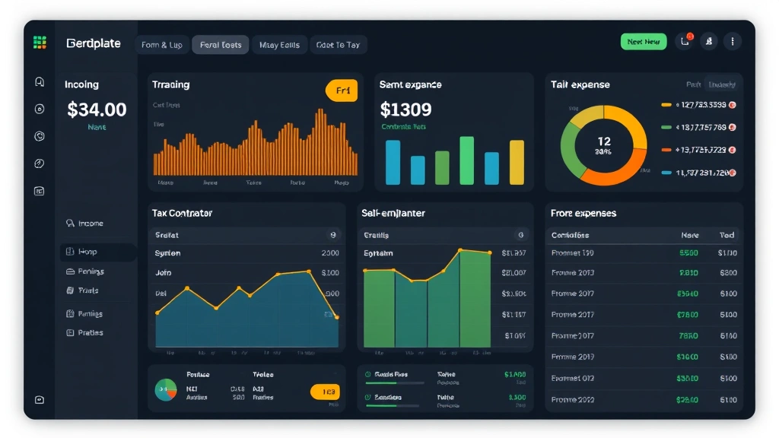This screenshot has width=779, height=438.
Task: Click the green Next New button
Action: (x=643, y=42)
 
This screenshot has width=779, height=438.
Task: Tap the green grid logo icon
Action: (x=40, y=43)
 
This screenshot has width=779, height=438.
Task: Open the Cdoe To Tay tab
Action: (x=338, y=45)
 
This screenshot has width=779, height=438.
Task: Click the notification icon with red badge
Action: (x=685, y=42)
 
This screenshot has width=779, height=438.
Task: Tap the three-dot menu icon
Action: (x=732, y=42)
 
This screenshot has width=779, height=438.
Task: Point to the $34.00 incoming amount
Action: (x=97, y=109)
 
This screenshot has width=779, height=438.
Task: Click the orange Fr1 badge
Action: (x=342, y=90)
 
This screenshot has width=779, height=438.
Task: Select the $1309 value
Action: (x=405, y=109)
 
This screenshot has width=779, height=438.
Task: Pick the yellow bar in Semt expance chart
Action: (x=517, y=162)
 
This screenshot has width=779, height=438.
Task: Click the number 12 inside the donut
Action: (x=604, y=141)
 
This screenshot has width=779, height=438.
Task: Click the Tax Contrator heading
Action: (x=182, y=214)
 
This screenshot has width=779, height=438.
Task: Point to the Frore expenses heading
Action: (x=583, y=214)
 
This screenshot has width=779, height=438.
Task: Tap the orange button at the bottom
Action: (x=325, y=392)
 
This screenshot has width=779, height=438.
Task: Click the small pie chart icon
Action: (x=166, y=390)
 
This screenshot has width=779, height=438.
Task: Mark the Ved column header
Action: (x=727, y=235)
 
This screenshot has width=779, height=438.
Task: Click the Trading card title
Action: (x=170, y=84)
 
